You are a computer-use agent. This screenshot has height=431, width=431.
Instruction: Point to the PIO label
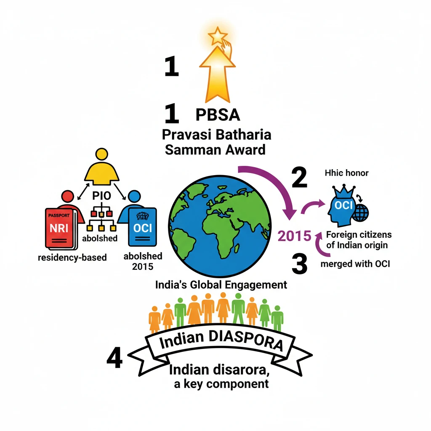coord(101,197)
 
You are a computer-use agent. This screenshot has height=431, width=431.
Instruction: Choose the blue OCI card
coord(142,227)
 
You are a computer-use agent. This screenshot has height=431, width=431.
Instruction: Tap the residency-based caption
coord(72,257)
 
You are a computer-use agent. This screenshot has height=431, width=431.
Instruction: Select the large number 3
coord(299,265)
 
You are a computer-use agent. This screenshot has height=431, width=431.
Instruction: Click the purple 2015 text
coord(295,236)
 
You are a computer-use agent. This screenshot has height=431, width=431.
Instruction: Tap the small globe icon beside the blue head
coord(360,213)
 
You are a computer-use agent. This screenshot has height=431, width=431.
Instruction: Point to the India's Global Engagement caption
coord(221,285)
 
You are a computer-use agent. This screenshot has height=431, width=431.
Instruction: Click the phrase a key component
coord(221,384)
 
